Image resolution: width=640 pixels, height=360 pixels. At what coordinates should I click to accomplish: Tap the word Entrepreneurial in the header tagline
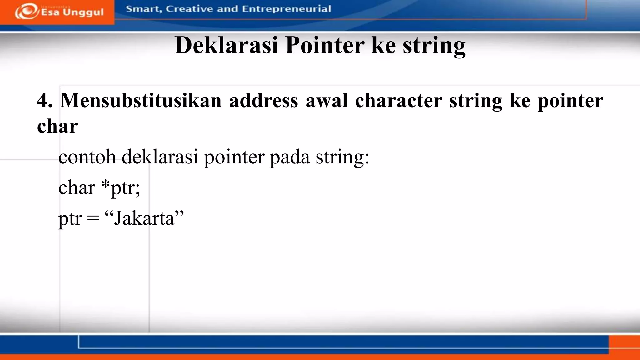point(286,9)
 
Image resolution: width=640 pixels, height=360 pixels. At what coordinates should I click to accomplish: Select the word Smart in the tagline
point(143,9)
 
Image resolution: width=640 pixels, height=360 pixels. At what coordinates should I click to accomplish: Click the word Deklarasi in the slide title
point(226,45)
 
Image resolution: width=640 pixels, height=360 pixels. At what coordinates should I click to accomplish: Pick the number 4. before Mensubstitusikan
point(44,101)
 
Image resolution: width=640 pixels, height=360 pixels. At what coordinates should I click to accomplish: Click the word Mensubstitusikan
point(141,101)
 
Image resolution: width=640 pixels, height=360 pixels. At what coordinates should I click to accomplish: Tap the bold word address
point(263,101)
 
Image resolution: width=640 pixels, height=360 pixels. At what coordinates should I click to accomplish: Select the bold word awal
point(327,101)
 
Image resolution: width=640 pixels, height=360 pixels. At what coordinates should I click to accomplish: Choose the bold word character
point(398,101)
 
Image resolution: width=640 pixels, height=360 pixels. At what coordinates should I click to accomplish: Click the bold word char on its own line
point(57,126)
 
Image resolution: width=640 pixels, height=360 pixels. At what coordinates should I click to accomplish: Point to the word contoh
point(87,157)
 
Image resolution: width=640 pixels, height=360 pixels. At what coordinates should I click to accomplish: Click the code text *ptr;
point(121,187)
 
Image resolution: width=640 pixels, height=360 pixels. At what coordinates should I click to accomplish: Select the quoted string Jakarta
point(144,218)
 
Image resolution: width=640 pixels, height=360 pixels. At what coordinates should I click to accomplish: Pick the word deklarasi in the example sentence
point(160,157)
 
